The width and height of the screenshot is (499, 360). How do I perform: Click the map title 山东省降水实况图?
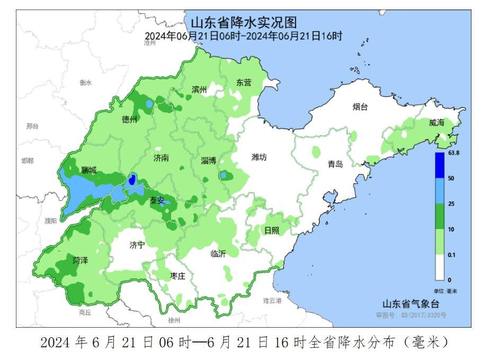click(x=243, y=23)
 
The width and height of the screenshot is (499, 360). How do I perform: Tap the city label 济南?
click(x=161, y=157)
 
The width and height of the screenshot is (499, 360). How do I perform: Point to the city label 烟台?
click(x=360, y=107)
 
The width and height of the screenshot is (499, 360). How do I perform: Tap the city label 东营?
click(x=244, y=83)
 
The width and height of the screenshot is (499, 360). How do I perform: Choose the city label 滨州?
click(x=199, y=90)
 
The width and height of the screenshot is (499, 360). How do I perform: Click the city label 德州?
click(x=129, y=119)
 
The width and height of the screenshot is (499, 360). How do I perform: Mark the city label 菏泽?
click(x=81, y=260)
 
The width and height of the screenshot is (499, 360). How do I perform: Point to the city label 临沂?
click(x=218, y=253)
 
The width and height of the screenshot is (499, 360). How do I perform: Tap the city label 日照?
click(x=271, y=230)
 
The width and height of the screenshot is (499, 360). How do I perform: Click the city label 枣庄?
click(x=177, y=276)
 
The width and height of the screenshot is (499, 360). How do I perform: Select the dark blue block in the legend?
click(x=440, y=165)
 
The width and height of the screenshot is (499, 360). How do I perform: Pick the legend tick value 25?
click(x=451, y=204)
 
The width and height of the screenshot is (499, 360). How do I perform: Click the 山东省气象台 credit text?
click(x=411, y=304)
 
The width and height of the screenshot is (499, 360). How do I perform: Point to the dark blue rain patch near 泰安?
click(x=133, y=180)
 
